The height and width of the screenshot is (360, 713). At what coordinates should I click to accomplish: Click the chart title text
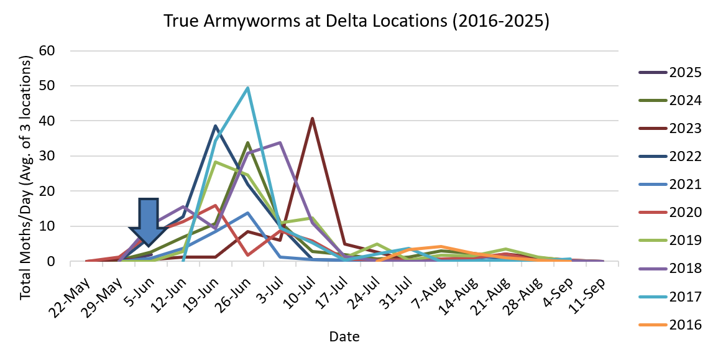tap(356, 21)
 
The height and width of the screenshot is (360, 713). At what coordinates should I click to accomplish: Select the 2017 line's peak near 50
tap(248, 88)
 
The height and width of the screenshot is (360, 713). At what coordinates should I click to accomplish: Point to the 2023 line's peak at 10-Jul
tap(312, 118)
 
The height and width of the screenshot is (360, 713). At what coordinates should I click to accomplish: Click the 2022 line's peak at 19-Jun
tap(216, 126)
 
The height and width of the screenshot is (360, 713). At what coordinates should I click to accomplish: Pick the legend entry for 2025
tap(671, 73)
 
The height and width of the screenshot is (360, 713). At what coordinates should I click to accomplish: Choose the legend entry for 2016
tap(671, 324)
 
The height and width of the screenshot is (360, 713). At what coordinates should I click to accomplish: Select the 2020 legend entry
tap(671, 213)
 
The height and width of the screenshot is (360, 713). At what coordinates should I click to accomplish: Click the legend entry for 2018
tap(671, 268)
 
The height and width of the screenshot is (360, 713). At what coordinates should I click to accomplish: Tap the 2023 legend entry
tap(671, 129)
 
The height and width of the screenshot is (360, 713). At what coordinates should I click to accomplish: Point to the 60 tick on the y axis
tap(48, 51)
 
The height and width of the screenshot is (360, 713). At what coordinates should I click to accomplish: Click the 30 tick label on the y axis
tap(48, 156)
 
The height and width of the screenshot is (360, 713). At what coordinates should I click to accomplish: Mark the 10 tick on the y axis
tap(48, 226)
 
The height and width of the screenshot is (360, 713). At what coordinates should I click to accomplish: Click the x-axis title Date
tap(344, 336)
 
